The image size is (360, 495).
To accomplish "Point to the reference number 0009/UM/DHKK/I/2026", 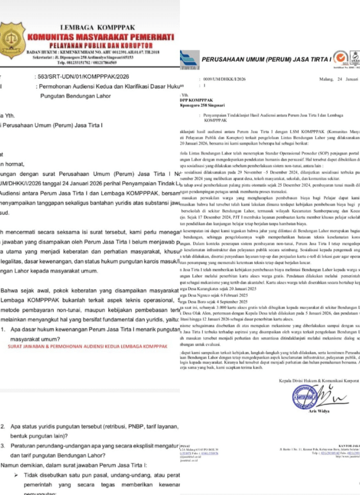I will (218, 79).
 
